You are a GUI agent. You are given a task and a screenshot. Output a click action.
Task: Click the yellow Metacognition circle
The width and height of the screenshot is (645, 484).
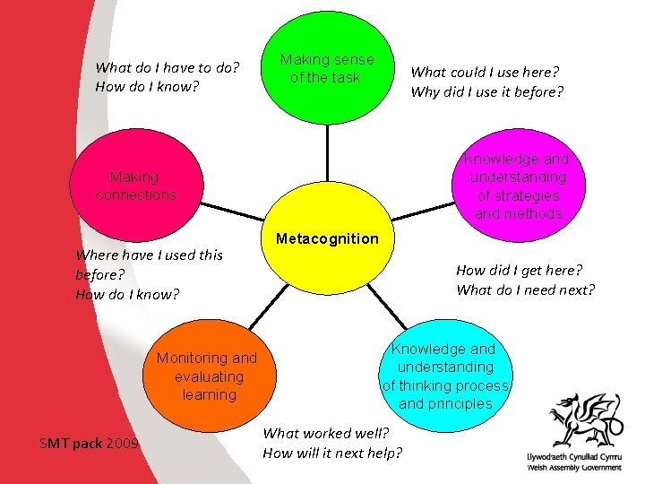coord(327,260)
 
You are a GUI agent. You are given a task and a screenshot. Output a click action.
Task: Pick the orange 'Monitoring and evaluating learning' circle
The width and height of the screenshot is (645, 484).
coord(207,375)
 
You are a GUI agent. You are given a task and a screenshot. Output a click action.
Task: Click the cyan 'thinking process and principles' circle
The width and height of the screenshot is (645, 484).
coord(445,375)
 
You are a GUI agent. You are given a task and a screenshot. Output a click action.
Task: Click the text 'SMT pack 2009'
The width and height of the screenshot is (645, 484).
coord(90,442)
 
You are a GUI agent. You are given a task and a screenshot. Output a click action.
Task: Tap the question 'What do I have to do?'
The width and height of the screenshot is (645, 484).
coord(168,67)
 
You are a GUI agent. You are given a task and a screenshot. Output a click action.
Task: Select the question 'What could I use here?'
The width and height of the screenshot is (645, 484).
coord(485,73)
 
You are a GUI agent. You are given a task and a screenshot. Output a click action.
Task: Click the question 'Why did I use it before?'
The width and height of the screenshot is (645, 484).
coord(486,91)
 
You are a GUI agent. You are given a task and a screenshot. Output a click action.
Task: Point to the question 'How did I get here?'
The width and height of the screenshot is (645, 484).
coord(519,270)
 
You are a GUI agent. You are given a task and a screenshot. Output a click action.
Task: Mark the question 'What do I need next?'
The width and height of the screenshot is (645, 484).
coord(525,290)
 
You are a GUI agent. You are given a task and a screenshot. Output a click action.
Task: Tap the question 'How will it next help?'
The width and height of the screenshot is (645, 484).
coord(332,453)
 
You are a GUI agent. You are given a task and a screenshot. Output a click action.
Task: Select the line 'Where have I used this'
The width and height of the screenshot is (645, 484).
coord(150,255)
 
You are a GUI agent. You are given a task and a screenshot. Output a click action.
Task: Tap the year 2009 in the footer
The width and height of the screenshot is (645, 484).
coord(122,442)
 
